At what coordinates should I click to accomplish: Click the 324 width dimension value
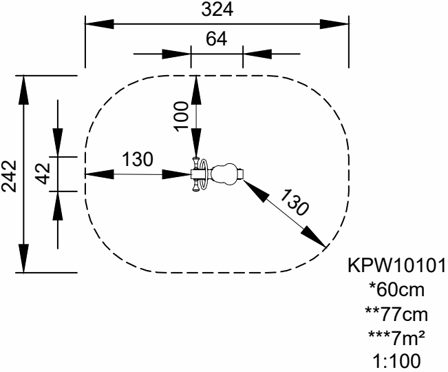click(x=217, y=10)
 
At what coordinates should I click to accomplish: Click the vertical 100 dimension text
click(x=181, y=112)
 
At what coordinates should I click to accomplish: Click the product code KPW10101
click(x=396, y=266)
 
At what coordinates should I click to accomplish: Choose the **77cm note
click(x=396, y=315)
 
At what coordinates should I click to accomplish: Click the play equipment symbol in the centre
click(x=216, y=174)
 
